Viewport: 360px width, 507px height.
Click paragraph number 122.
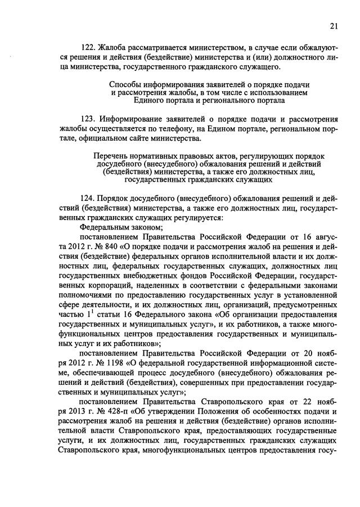pyautogui.click(x=88, y=47)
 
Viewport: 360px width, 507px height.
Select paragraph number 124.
pyautogui.click(x=88, y=199)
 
